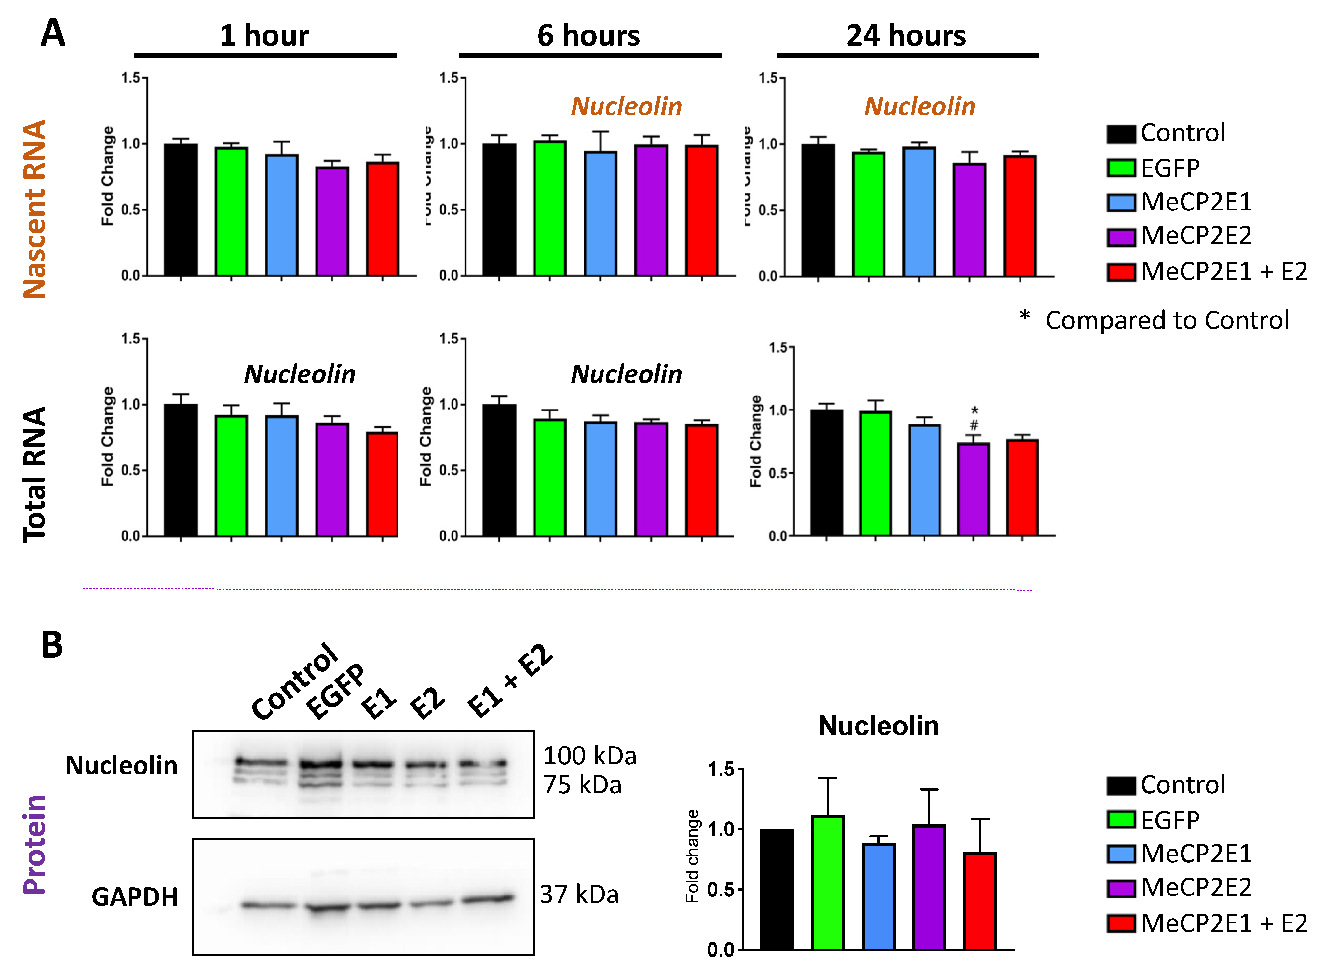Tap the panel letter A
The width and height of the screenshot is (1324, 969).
[53, 33]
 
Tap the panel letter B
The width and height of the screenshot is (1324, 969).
[52, 645]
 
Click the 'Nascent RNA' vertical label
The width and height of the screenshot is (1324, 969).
[34, 209]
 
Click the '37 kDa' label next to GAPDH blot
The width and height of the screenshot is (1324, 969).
[579, 895]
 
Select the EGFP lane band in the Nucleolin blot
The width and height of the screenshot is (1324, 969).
[320, 765]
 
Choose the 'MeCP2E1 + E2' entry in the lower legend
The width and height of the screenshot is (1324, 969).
[1223, 923]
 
